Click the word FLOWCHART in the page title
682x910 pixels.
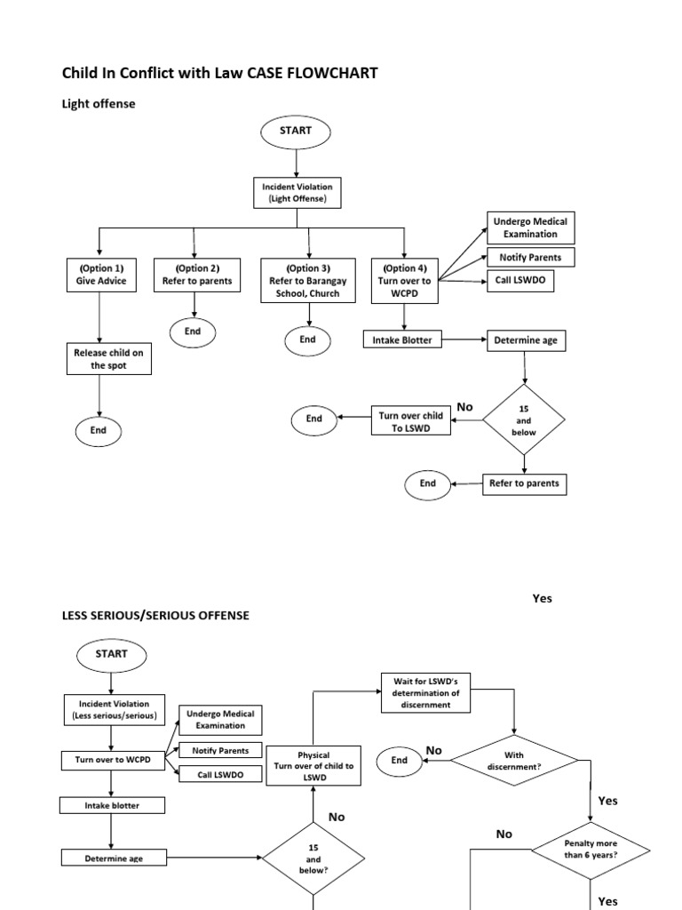point(330,73)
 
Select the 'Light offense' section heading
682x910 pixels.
point(98,104)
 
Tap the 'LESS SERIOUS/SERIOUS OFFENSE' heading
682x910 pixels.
point(155,615)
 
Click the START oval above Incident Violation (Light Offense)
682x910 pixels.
point(294,132)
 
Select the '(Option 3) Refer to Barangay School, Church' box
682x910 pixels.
point(307,280)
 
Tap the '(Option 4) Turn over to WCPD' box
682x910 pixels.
point(405,280)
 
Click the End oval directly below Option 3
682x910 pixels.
point(307,339)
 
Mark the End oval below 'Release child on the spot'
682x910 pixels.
point(98,430)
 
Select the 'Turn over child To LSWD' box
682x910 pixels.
point(409,421)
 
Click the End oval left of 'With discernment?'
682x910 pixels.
point(400,761)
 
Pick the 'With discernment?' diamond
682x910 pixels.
point(514,760)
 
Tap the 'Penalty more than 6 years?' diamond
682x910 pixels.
point(591,849)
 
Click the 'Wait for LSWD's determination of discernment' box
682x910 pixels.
point(426,692)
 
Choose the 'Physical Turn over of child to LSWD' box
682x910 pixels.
point(313,766)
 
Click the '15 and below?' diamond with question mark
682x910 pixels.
point(313,859)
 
